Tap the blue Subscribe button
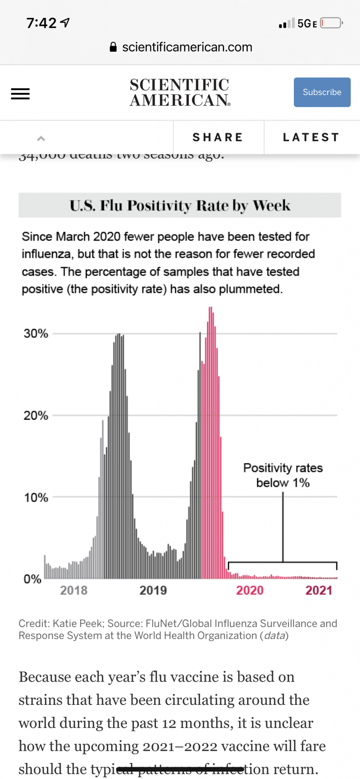coord(322,92)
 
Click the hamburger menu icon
coord(20,94)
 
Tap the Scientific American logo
coord(180,92)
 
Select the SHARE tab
coord(218,137)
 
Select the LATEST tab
coord(311,137)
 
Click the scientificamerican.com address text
coord(187,47)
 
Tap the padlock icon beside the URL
coord(113,47)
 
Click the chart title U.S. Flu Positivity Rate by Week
coord(180,205)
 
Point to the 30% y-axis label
coord(36,334)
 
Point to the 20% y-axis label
coord(36,415)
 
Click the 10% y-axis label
coord(36,498)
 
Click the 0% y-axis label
coord(32,579)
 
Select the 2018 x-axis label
coord(74,590)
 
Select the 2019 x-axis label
coord(153,590)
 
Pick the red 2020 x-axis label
coord(250,590)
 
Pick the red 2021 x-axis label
coord(319,590)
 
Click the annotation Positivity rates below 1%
coord(283,475)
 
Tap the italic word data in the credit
coord(274,636)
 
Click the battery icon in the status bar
coord(331,23)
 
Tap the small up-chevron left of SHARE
coord(41,138)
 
